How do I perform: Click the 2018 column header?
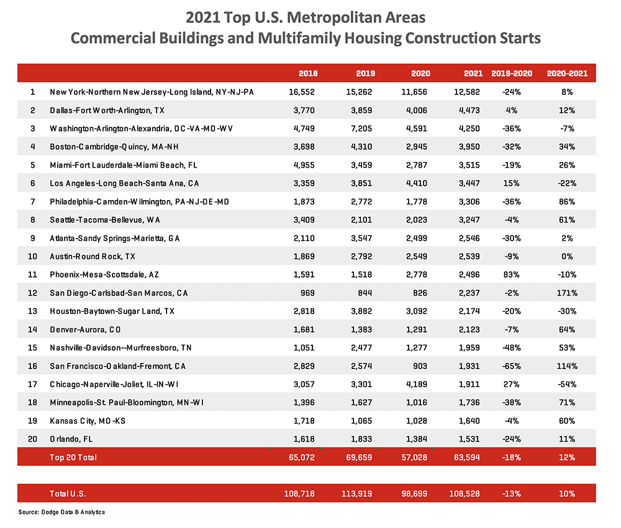pos(308,73)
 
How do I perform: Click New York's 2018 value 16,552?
pos(304,92)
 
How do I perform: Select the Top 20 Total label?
pos(73,457)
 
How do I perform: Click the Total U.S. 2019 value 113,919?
pos(360,494)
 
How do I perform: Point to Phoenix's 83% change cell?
pos(512,275)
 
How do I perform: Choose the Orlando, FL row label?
pos(73,439)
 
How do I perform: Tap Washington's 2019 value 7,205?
pos(363,129)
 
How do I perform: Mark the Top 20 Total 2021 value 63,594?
pos(468,457)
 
